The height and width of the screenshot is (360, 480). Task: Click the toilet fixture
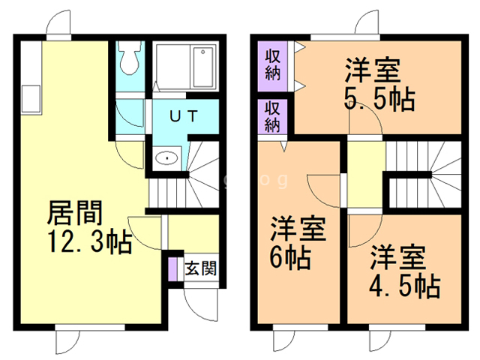(x=129, y=58)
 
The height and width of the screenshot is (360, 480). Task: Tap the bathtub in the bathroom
(x=202, y=67)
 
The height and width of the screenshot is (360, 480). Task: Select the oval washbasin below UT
(x=166, y=158)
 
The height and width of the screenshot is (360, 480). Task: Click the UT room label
(x=183, y=116)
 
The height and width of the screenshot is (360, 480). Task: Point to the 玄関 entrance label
(x=201, y=268)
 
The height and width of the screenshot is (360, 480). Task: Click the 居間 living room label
(x=75, y=213)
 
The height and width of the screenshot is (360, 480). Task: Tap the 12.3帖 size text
(x=91, y=241)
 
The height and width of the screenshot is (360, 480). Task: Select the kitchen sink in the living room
(x=31, y=99)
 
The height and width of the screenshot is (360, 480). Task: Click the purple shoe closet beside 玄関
(x=173, y=269)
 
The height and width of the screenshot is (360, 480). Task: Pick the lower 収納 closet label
(x=272, y=116)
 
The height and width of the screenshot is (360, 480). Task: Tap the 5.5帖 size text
(x=379, y=99)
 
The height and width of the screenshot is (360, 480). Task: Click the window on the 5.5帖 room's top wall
(x=345, y=37)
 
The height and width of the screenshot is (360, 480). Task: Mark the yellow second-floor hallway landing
(x=366, y=175)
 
